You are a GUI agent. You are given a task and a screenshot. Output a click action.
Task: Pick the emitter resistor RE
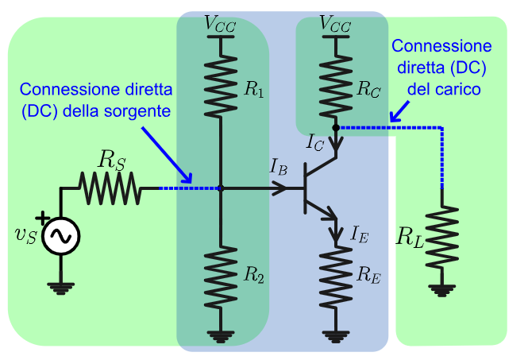[336, 276]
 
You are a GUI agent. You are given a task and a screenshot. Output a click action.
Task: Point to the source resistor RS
[110, 189]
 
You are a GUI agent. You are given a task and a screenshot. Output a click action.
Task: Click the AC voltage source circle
[60, 236]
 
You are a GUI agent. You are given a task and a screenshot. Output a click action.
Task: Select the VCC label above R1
[221, 24]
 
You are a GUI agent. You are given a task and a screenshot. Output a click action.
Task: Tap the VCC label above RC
[335, 24]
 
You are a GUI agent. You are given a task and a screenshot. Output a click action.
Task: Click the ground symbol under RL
[442, 289]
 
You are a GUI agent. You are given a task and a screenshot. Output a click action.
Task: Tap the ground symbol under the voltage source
[60, 287]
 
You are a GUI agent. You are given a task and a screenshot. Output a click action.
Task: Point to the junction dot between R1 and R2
[222, 188]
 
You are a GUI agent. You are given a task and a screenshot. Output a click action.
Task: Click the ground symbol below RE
[336, 336]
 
